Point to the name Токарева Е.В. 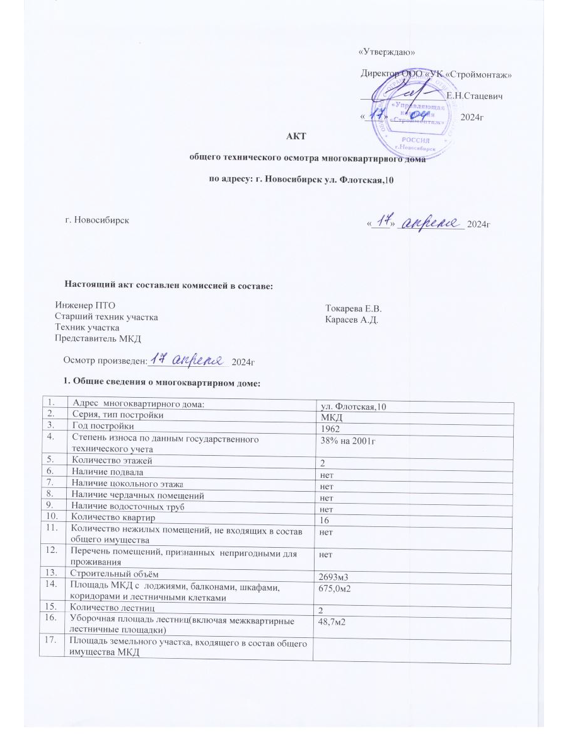[x=354, y=309]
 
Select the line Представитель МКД [x=98, y=339]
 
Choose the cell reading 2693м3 [x=339, y=578]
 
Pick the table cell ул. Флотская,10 [x=354, y=406]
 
